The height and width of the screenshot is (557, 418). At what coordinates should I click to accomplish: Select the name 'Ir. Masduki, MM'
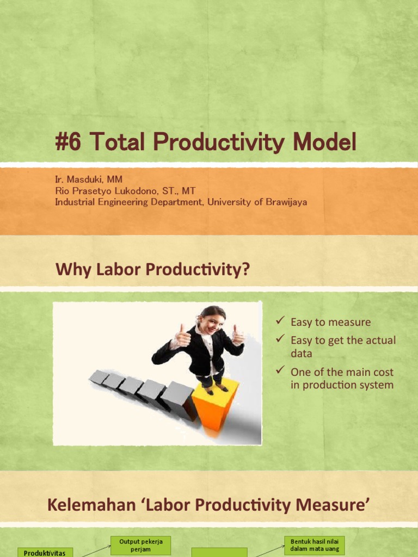[89, 179]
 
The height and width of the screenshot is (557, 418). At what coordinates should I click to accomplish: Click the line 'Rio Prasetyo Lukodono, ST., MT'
[125, 190]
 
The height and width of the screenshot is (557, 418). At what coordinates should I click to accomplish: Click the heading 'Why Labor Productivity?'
[153, 269]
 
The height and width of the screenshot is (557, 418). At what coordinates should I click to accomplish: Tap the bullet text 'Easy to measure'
[330, 322]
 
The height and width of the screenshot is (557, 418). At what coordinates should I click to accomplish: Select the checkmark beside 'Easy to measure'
[280, 321]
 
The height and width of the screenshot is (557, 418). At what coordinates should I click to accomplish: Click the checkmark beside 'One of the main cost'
[280, 371]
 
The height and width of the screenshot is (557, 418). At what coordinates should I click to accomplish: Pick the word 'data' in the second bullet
[301, 353]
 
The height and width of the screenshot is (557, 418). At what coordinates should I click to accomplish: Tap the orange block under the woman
[214, 405]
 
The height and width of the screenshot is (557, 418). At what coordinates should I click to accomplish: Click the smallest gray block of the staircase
[98, 377]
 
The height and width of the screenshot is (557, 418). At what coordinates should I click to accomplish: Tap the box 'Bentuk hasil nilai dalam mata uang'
[315, 545]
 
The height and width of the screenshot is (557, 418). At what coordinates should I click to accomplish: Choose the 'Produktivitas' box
[45, 553]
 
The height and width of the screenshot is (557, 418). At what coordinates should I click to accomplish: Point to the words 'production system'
[342, 385]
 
